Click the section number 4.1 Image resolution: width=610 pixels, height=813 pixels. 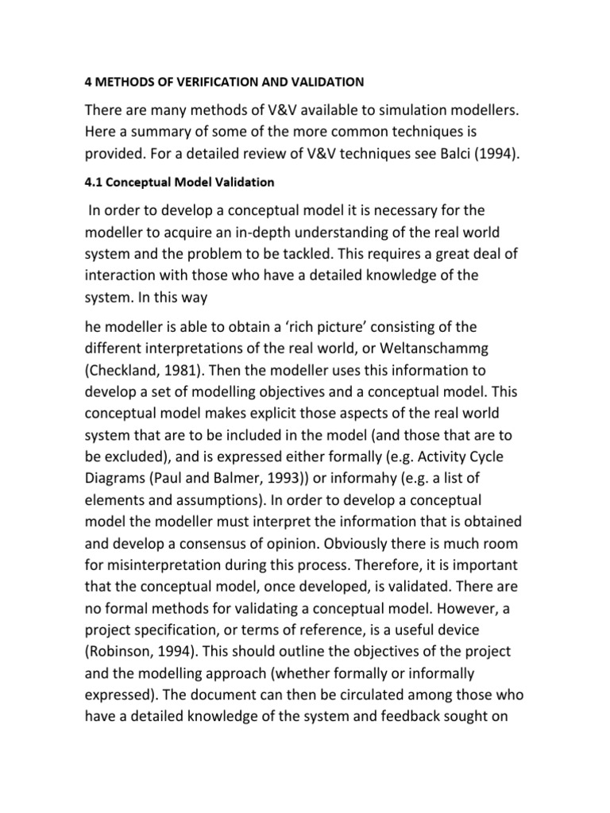pos(95,182)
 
